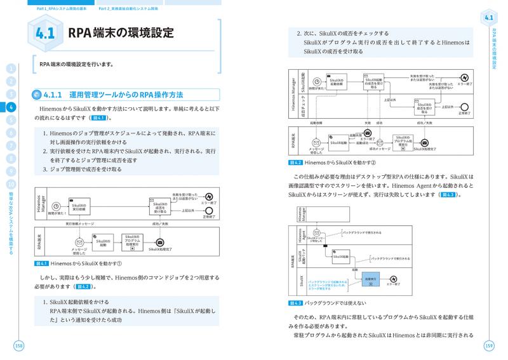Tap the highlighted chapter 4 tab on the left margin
[11, 107]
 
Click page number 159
[488, 345]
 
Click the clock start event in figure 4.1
[55, 206]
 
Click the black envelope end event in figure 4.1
[160, 243]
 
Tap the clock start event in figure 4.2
[312, 83]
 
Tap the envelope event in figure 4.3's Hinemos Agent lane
[316, 234]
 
